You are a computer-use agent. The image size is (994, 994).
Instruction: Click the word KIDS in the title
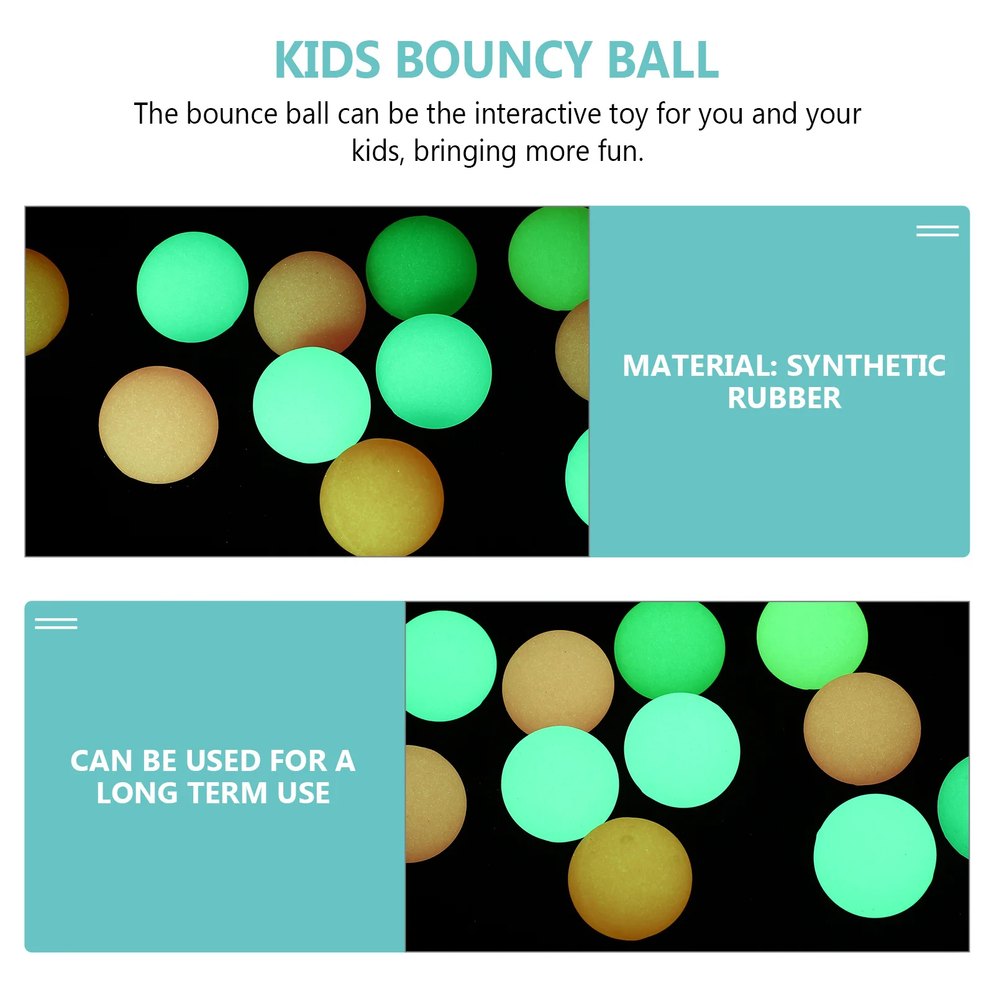click(327, 60)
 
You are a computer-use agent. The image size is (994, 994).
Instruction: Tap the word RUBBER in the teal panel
click(784, 398)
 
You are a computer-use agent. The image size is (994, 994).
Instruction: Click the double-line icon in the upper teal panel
click(937, 231)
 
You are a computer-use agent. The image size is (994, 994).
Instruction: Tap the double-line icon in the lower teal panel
click(56, 623)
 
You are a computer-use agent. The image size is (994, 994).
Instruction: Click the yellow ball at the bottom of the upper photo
click(381, 498)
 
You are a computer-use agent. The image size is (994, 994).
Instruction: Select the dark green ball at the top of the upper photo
click(421, 268)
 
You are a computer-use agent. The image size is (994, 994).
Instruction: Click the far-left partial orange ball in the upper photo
click(43, 301)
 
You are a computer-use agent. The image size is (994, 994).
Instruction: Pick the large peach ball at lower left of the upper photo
click(158, 425)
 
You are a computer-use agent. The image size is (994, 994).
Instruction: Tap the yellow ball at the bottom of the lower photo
click(629, 878)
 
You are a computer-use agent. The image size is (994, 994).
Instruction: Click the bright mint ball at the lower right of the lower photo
click(875, 855)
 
